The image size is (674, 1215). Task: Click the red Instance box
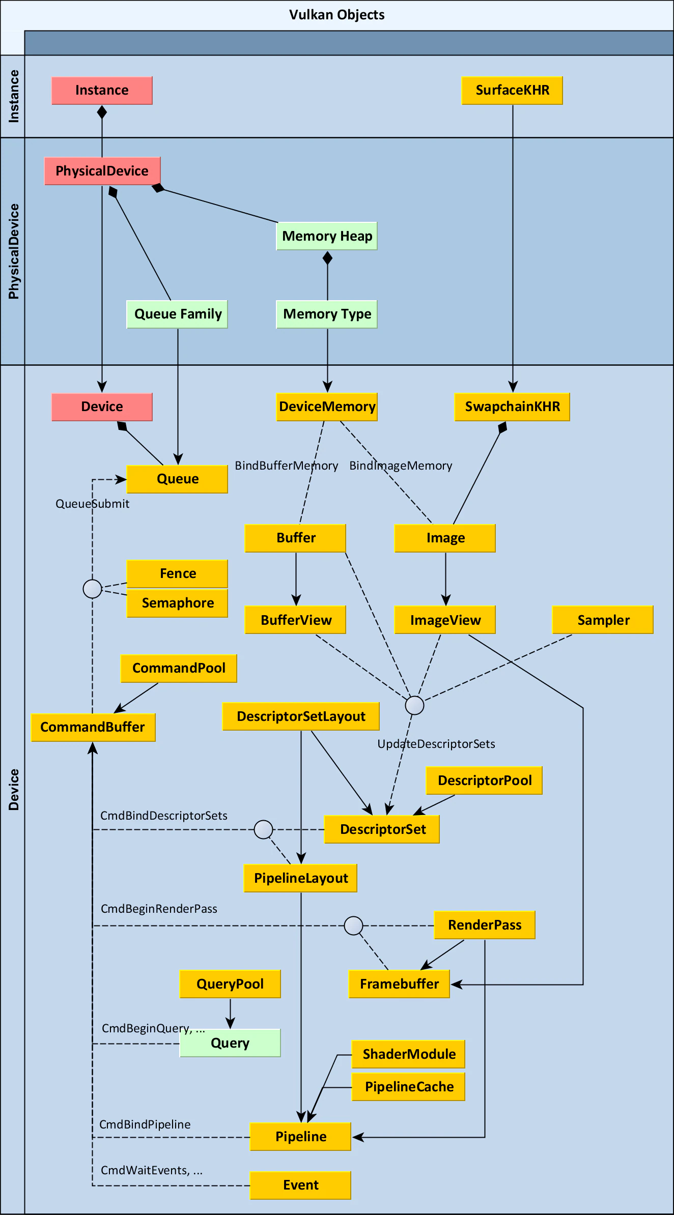click(x=102, y=91)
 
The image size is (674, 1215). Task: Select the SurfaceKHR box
click(x=512, y=91)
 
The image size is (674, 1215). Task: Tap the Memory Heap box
click(x=327, y=236)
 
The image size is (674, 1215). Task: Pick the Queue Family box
click(x=177, y=314)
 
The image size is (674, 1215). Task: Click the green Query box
click(x=230, y=1043)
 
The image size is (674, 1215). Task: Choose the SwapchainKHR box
click(x=512, y=407)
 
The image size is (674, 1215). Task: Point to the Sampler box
click(x=603, y=620)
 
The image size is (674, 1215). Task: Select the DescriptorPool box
click(x=484, y=780)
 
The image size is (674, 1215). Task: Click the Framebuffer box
click(x=399, y=984)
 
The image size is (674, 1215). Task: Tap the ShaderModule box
click(x=408, y=1054)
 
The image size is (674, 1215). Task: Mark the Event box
click(x=300, y=1185)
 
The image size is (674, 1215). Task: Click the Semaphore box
click(x=177, y=603)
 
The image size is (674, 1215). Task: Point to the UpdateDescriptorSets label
click(x=436, y=744)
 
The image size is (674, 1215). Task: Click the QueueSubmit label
click(x=92, y=504)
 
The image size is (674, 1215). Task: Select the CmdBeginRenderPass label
click(x=159, y=909)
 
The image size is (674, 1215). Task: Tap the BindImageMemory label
click(x=401, y=466)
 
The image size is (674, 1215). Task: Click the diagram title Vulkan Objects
click(x=337, y=15)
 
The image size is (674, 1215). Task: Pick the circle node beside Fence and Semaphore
click(x=92, y=589)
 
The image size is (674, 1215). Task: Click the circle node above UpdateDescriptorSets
click(x=414, y=705)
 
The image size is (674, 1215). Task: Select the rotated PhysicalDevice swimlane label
click(x=14, y=251)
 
